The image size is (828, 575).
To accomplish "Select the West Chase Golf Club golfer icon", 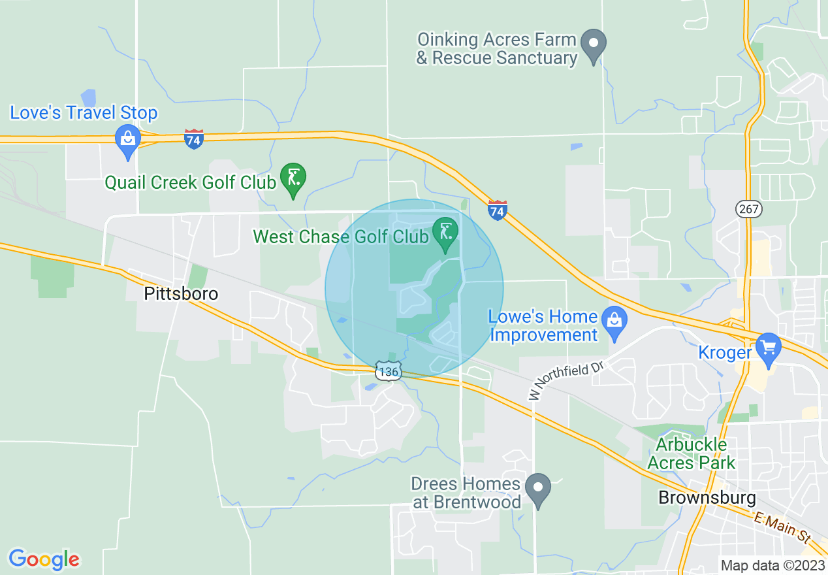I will click(x=445, y=233).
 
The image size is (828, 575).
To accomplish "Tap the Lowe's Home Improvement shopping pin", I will click(x=614, y=321).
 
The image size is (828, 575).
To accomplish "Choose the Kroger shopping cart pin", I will click(x=768, y=348).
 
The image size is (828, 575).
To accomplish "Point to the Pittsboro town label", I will click(x=181, y=294).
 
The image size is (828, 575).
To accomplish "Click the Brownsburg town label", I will click(x=707, y=498).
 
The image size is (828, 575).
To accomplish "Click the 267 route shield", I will click(x=747, y=209).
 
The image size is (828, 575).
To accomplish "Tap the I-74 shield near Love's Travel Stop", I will click(x=194, y=139).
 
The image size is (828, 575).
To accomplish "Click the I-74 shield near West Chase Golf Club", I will click(x=497, y=210).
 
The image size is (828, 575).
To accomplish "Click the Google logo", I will click(x=44, y=559).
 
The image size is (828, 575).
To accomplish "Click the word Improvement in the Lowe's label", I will click(x=543, y=335).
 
